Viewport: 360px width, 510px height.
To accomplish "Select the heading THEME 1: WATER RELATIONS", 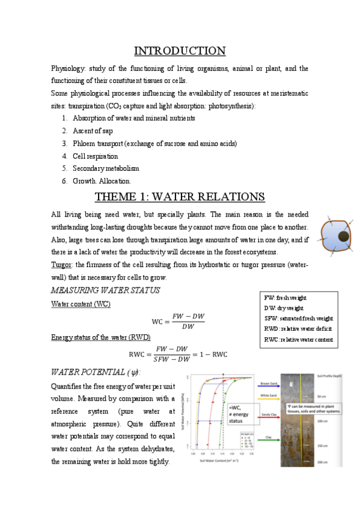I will [180, 196].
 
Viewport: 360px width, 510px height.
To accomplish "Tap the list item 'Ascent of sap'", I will [93, 131].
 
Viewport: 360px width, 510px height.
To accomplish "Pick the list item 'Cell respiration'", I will [96, 156].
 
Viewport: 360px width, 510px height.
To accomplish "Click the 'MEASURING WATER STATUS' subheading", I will [106, 290].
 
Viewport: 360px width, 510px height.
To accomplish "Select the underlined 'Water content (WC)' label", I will [81, 305].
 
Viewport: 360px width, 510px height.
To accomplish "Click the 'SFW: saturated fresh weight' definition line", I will [298, 318].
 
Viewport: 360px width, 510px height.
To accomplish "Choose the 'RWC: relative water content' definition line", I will [298, 339].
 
